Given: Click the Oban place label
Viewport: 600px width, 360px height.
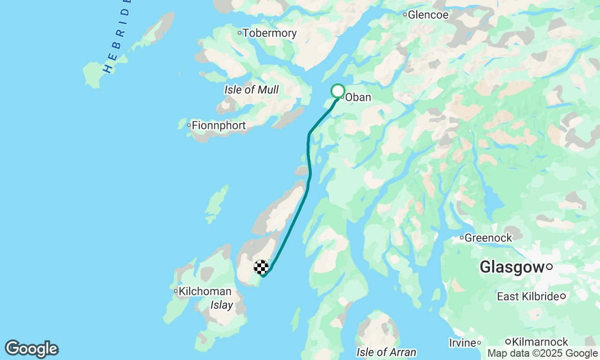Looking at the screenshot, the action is (358, 97).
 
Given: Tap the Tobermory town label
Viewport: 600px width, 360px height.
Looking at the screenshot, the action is (270, 33).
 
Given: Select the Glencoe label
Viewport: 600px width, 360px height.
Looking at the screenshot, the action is (428, 15).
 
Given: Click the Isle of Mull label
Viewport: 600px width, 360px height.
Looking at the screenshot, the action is (251, 90).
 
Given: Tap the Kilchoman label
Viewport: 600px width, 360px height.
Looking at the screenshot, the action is (205, 292).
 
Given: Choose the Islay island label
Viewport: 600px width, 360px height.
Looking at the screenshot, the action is (222, 306).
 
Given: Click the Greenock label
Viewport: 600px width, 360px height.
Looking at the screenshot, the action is (488, 238).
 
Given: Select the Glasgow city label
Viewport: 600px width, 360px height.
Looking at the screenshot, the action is (511, 268).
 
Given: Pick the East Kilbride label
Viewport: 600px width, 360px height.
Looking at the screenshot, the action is (528, 297).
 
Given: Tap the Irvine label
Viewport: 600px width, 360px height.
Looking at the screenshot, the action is (463, 343).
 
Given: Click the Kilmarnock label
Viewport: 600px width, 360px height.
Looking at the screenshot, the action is (540, 342).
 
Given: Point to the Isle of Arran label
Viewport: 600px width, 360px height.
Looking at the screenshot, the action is (386, 352).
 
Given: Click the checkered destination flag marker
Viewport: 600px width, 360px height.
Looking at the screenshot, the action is (261, 267).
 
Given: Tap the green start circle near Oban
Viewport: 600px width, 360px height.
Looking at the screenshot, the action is (338, 91).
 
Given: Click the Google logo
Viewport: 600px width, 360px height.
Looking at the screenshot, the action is (32, 349).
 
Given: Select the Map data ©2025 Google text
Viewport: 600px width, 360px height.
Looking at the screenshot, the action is (543, 353).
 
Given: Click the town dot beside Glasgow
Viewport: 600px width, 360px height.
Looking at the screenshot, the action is (549, 267).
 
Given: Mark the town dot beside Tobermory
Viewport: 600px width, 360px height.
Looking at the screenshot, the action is (240, 33).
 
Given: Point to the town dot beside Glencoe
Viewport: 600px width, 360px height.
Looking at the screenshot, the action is (405, 15).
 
